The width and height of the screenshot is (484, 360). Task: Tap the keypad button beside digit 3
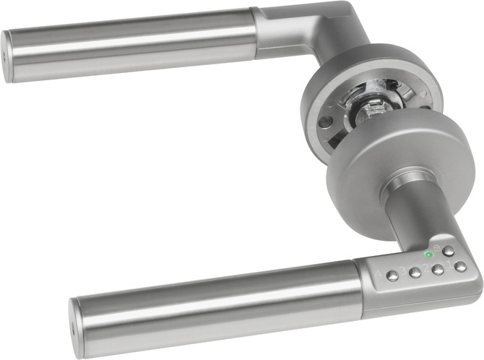[415, 273]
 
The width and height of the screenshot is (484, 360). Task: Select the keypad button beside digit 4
[392, 276]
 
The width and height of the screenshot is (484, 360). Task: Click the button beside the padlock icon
[448, 251]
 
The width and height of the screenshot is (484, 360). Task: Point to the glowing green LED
[428, 254]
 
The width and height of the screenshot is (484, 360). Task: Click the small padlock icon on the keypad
[436, 248]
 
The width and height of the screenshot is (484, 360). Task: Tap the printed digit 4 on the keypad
[379, 274]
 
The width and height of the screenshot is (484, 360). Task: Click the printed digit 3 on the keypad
[402, 270]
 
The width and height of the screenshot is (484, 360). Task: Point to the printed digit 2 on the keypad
[425, 267]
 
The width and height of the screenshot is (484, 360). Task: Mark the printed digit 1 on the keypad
[449, 265]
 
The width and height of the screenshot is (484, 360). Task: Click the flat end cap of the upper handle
[7, 56]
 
